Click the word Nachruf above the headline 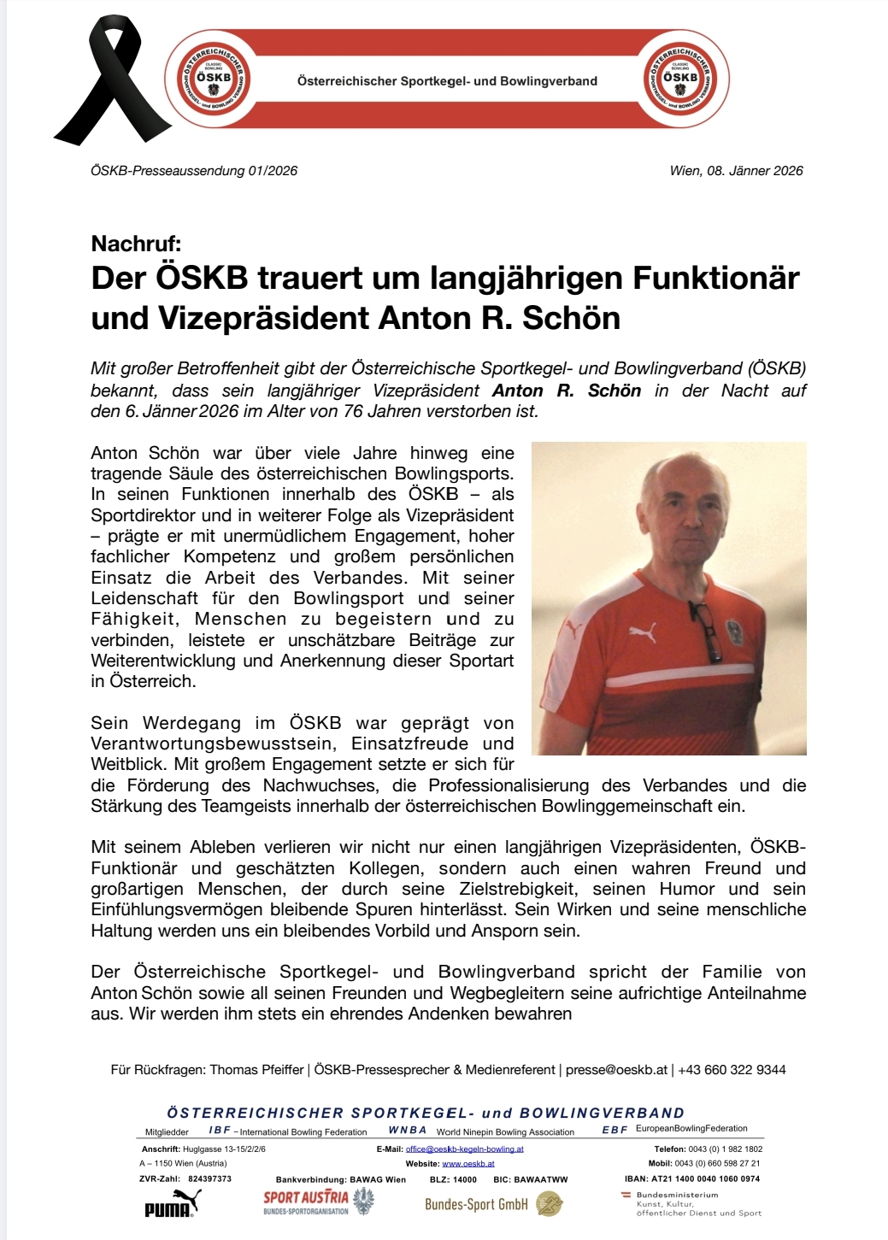point(136,244)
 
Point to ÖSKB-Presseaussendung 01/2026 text point(194,171)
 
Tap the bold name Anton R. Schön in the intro point(567,391)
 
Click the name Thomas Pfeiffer point(256,1070)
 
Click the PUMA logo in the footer point(172,1204)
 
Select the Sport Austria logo point(318,1202)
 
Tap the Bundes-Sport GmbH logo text point(476,1204)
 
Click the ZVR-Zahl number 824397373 point(209,1178)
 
